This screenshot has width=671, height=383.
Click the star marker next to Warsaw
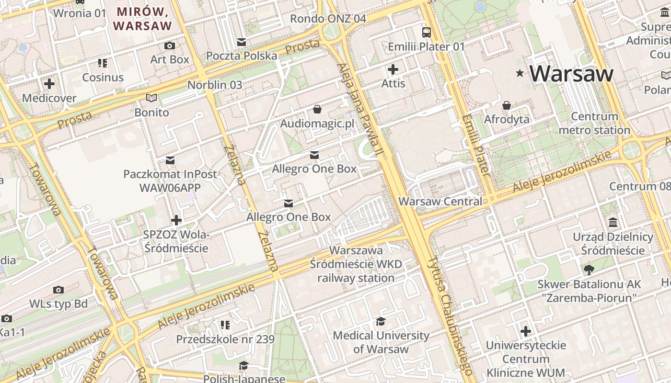coord(520,73)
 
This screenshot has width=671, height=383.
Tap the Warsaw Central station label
coord(440,201)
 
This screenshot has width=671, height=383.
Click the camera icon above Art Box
coord(169,46)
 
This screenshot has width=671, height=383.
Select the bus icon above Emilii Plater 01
coord(426,33)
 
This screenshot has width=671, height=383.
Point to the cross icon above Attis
coord(393,69)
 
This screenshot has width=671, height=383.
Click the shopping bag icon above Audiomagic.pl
coord(317,110)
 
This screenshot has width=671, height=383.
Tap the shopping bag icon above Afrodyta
coord(507,105)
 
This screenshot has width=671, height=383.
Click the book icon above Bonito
coord(151,98)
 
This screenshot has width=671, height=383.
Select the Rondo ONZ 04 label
coord(328,19)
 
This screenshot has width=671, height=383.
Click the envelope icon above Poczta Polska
coord(242,42)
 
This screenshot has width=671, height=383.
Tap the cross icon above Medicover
coord(49,84)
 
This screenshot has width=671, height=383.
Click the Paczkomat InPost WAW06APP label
coord(170,180)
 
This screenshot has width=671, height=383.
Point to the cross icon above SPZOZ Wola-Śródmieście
coord(176,220)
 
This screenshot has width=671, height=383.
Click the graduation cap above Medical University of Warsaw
coord(381,321)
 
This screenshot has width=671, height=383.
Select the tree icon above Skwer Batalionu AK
coord(589,270)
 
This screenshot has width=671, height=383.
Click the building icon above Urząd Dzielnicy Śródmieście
coord(613,223)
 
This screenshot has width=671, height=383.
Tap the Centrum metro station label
coord(594,123)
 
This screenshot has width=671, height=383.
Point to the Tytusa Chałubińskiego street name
coord(450,316)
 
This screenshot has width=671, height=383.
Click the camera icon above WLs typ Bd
coord(58,290)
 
